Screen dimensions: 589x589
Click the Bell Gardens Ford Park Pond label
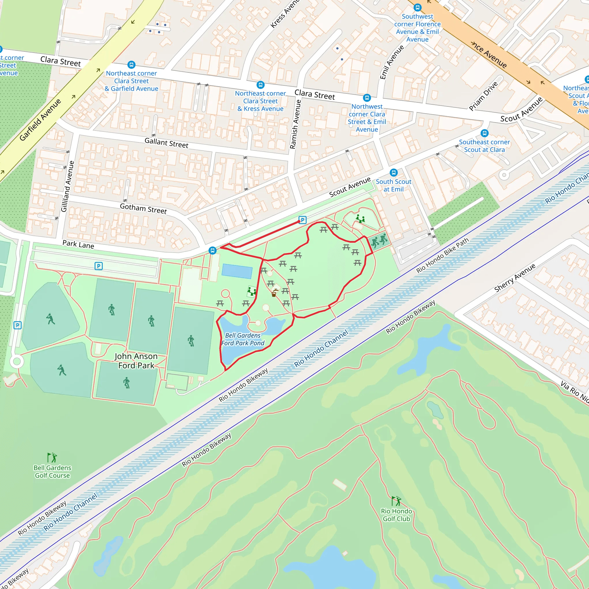243,339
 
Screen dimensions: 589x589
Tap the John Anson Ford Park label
136,361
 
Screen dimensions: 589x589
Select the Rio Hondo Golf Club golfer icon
396,501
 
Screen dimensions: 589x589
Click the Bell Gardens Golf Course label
52,472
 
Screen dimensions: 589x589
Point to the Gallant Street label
166,143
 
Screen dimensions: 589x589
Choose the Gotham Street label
143,209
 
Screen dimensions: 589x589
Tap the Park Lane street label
78,244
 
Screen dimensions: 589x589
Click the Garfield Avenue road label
40,120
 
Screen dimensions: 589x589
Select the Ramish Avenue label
295,124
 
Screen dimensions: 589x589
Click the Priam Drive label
483,96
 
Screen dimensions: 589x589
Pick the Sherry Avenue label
515,278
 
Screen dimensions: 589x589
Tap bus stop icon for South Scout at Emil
394,173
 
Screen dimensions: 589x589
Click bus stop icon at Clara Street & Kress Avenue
260,85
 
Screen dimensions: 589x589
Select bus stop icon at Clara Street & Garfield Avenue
131,65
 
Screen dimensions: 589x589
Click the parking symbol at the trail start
302,220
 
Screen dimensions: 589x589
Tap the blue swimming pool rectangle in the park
237,271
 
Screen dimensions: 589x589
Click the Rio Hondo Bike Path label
442,255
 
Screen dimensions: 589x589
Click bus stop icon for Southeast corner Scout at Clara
484,133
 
